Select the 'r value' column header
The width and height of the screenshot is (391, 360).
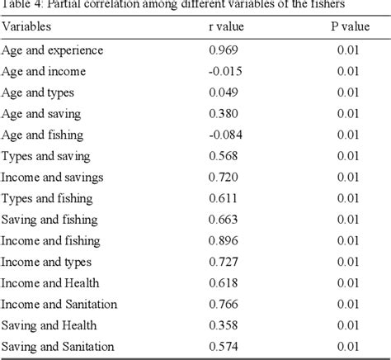click(230, 26)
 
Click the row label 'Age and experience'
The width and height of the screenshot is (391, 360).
click(53, 50)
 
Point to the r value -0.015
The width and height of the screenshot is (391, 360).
click(224, 72)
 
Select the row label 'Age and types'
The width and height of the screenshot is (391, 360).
click(38, 93)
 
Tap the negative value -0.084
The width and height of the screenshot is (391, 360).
click(224, 135)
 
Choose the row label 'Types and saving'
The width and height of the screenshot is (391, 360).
click(46, 156)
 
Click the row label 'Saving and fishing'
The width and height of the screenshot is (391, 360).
click(49, 220)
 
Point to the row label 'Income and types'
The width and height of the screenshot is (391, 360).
click(46, 262)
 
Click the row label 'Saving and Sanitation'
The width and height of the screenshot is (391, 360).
click(58, 346)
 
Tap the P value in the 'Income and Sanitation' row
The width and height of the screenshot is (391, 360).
click(349, 304)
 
